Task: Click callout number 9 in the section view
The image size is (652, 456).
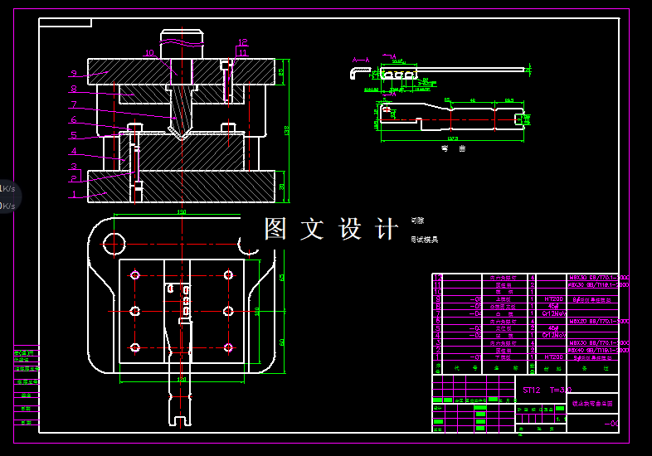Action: (x=73, y=73)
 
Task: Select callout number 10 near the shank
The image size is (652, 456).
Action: (x=149, y=53)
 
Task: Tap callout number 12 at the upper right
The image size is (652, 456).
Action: (x=242, y=42)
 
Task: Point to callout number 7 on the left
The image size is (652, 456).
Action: (x=73, y=105)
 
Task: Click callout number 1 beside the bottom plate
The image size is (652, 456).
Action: (x=73, y=195)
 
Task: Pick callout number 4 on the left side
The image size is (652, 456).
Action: (x=73, y=152)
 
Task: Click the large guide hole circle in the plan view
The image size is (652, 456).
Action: (x=114, y=243)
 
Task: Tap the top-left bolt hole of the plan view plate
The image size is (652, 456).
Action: (x=135, y=274)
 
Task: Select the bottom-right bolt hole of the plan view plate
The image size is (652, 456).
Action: (x=228, y=347)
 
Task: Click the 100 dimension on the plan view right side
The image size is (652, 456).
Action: (x=257, y=311)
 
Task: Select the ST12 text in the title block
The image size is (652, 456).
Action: (x=531, y=389)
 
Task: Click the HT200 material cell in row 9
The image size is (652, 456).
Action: (x=552, y=298)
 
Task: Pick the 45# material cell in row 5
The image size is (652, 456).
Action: (x=552, y=328)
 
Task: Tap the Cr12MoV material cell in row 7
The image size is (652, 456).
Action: (x=552, y=313)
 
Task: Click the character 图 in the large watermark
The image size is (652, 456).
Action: (x=275, y=229)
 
